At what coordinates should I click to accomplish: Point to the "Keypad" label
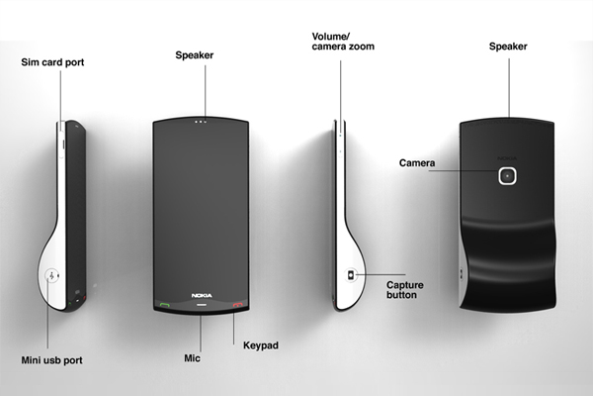(x=261, y=345)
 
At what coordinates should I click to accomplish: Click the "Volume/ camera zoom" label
(x=341, y=41)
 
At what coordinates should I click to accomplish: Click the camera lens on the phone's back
(x=508, y=176)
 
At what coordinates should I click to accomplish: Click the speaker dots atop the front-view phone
(x=201, y=125)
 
